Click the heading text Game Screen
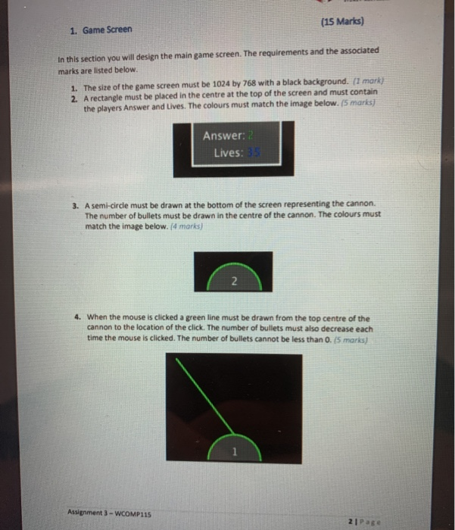[107, 30]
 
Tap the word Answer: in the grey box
[223, 136]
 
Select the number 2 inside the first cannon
[234, 282]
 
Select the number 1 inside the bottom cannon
[235, 452]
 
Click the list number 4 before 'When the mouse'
[78, 317]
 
